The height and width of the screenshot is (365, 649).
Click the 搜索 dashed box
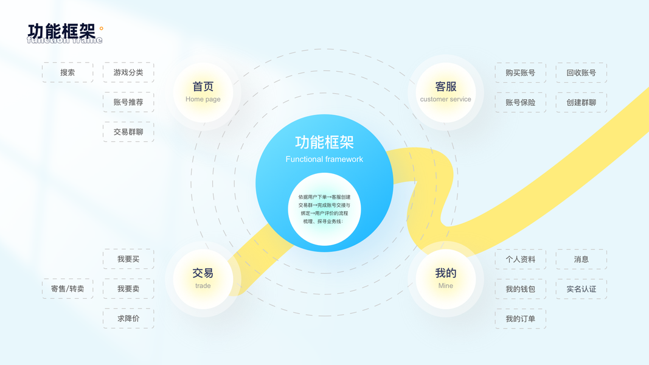coord(68,72)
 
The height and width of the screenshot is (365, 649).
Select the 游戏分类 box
coord(128,72)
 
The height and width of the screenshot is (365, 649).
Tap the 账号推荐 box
coord(128,102)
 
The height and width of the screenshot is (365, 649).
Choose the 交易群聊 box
coord(128,132)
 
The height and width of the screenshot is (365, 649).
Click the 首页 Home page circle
coord(203,92)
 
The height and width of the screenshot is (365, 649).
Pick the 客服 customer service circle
coord(446,92)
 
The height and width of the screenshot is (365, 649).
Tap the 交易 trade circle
coord(203,279)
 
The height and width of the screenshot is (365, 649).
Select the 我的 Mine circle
coord(446,279)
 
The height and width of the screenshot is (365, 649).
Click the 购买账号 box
coord(521,72)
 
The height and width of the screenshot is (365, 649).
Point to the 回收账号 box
coord(581,72)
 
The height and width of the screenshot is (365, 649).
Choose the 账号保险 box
coord(521,102)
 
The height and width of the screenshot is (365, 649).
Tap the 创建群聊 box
coord(581,102)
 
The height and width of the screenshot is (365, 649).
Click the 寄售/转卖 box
coord(68,289)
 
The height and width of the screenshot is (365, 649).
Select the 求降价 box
coord(128,319)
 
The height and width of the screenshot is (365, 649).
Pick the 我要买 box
coord(128,259)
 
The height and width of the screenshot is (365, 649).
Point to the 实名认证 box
coord(581,289)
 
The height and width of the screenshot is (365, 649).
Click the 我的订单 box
coord(521,319)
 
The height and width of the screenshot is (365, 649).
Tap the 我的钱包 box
coord(521,289)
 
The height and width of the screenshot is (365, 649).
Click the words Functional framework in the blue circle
coord(324,159)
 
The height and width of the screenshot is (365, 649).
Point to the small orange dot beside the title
coord(102,28)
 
